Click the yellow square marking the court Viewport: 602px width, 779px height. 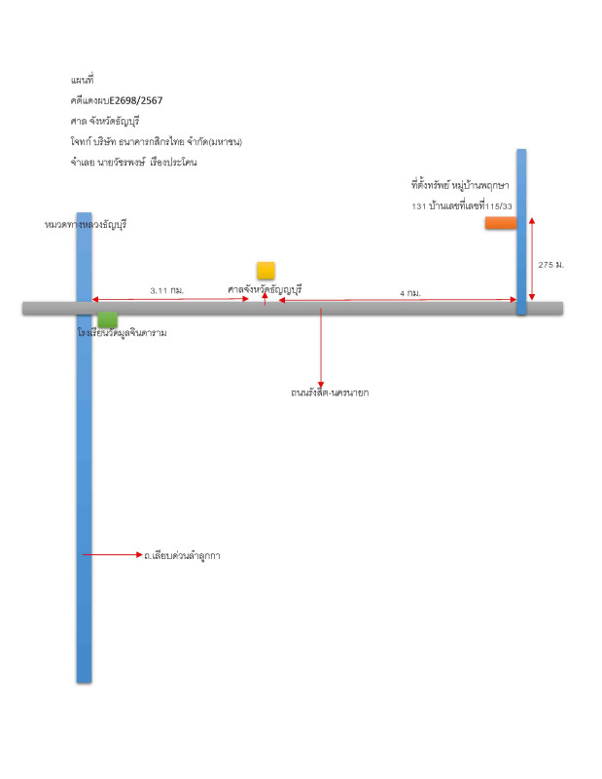[x=266, y=271]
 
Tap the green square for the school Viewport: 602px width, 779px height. [x=108, y=319]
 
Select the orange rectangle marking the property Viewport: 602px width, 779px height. [x=501, y=223]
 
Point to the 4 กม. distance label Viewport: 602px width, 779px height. [x=409, y=292]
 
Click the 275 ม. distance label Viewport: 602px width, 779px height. [x=551, y=265]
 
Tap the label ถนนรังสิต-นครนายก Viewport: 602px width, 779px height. [x=322, y=393]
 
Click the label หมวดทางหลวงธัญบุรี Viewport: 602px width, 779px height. [x=86, y=224]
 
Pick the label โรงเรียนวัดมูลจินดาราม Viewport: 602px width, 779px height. [x=123, y=333]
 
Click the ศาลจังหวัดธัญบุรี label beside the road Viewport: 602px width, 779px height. [x=266, y=289]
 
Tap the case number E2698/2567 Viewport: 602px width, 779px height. [x=138, y=99]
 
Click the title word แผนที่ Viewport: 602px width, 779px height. [x=83, y=78]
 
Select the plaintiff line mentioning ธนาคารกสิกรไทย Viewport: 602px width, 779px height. [x=156, y=141]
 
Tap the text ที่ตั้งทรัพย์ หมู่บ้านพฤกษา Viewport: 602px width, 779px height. [x=461, y=184]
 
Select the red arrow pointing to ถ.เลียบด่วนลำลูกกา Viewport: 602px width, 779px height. [x=113, y=555]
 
